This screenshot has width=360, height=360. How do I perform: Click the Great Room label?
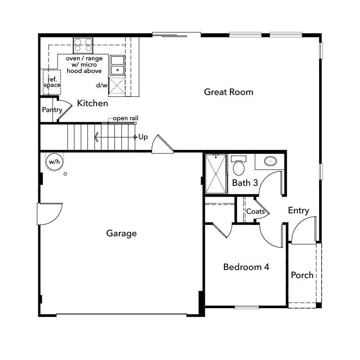click(229, 92)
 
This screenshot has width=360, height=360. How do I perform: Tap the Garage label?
click(121, 233)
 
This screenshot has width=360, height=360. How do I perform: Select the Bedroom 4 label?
click(246, 267)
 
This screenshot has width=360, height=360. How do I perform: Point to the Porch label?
click(302, 275)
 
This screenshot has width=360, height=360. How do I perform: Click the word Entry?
click(298, 210)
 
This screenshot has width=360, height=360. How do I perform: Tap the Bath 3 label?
click(245, 183)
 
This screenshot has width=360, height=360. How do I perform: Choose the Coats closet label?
click(255, 211)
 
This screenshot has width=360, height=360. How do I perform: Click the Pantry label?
click(52, 110)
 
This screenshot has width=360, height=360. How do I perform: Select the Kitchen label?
click(93, 103)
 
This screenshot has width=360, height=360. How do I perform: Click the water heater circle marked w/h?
click(54, 162)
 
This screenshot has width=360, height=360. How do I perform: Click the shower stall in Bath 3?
click(216, 173)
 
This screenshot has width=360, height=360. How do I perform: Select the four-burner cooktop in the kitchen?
click(83, 45)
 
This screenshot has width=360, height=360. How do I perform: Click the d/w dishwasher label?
click(102, 85)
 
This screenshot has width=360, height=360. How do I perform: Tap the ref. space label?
click(52, 82)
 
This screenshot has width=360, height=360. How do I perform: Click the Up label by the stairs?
click(143, 137)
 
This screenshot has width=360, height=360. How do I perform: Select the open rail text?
click(126, 118)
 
